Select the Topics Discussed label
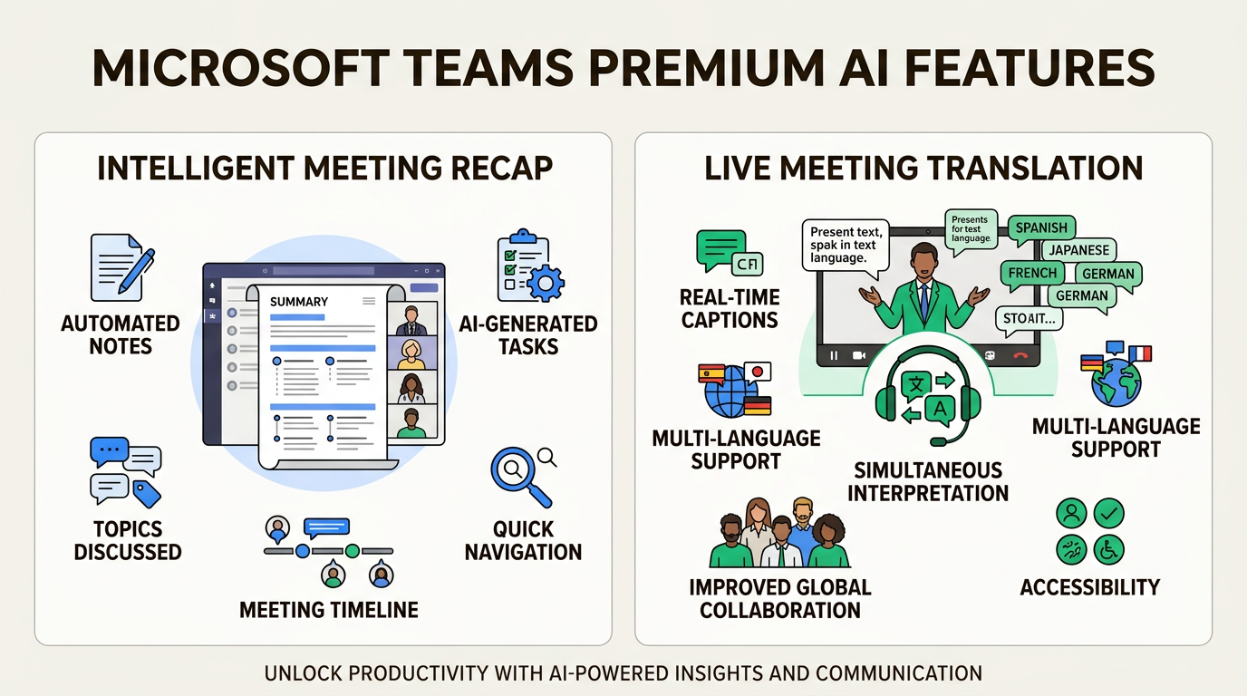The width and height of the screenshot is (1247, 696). (128, 540)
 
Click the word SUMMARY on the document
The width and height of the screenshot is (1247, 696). (299, 301)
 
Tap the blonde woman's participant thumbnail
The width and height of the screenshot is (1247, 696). (411, 353)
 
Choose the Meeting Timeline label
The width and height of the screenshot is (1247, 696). (329, 610)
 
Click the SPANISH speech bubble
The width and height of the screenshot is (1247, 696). (1040, 228)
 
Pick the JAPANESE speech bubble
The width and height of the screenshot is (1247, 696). (1078, 250)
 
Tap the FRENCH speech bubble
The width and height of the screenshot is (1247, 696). (1032, 273)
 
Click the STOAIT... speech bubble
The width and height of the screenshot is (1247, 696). (1028, 318)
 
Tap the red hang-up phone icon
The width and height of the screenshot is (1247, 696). (1020, 356)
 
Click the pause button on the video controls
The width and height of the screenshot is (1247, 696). (834, 356)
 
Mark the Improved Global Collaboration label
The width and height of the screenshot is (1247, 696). (779, 598)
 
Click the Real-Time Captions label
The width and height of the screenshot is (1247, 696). (730, 308)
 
